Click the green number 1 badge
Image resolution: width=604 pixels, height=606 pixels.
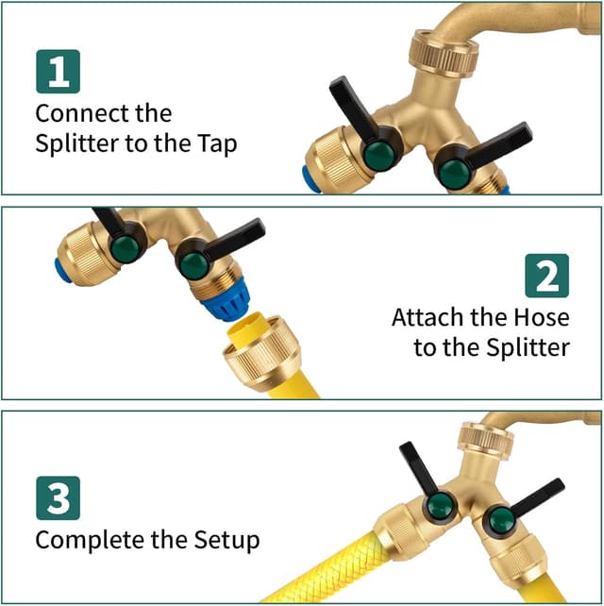coord(58,72)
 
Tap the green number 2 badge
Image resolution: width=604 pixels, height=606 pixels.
coord(546,276)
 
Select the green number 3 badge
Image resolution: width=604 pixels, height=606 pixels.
coord(58,498)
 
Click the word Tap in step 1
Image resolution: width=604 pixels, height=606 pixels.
coord(218,143)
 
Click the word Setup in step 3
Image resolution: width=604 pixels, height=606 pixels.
coord(226,540)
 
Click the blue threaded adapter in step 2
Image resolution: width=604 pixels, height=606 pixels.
coord(226,298)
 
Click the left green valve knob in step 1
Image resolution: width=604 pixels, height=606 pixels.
coord(378,156)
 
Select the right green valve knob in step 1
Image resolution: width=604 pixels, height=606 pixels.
coord(455,175)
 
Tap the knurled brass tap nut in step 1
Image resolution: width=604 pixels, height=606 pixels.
coord(444,54)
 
